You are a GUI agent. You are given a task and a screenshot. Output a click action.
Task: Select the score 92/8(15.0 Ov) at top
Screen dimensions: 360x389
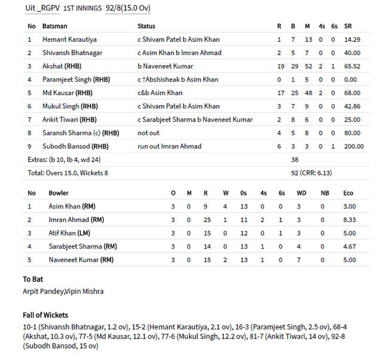click(x=127, y=8)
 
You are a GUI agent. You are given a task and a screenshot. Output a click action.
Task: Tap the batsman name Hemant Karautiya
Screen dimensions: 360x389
click(x=69, y=39)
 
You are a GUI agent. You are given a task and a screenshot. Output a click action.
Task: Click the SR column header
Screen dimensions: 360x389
click(x=348, y=26)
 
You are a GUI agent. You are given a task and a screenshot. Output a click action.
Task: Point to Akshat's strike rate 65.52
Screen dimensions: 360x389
click(x=352, y=66)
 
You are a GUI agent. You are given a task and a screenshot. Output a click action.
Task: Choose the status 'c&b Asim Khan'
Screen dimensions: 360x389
click(x=160, y=93)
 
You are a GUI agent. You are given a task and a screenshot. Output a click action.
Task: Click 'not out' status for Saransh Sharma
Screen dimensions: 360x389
click(x=148, y=133)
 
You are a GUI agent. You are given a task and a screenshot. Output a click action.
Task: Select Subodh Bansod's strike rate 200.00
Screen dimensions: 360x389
click(x=352, y=146)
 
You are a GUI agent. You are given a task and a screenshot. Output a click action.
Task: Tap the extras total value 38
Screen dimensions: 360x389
click(x=294, y=160)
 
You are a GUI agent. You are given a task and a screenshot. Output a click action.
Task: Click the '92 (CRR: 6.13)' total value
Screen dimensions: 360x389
click(x=311, y=173)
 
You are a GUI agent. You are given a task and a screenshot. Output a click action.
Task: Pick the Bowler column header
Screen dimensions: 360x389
click(x=58, y=193)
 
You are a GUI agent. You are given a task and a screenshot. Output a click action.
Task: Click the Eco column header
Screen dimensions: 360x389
click(x=348, y=193)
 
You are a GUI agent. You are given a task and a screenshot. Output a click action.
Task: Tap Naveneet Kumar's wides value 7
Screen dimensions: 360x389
click(x=298, y=260)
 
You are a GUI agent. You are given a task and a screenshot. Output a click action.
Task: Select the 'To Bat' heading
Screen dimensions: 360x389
click(x=33, y=279)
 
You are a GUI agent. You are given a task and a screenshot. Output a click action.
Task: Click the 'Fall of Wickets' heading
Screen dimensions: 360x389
click(x=45, y=315)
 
